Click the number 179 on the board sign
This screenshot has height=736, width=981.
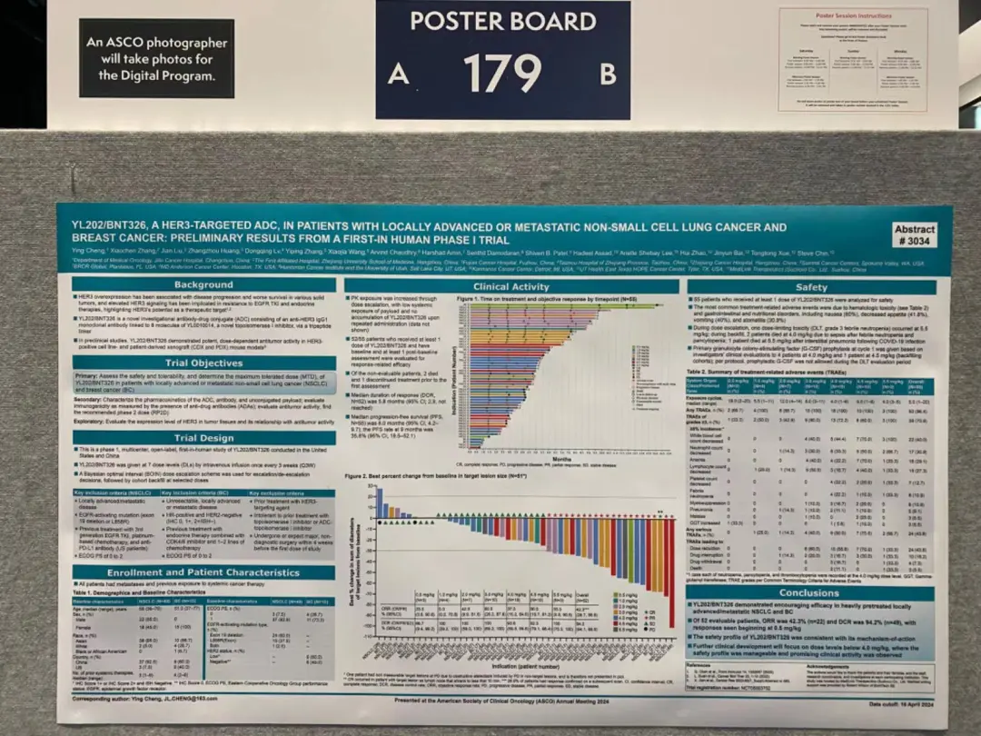tap(501, 73)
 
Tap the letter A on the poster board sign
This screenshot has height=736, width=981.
tap(398, 75)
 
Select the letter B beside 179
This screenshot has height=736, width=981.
tap(608, 73)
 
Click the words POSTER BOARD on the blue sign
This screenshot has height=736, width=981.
tap(502, 21)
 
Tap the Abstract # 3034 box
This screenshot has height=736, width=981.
tap(913, 235)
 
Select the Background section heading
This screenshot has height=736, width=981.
tap(203, 284)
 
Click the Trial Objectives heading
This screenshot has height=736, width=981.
tap(203, 363)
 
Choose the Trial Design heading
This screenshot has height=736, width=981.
tap(203, 437)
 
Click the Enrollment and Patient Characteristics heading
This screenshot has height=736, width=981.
tap(203, 572)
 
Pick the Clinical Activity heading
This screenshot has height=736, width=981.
tap(510, 287)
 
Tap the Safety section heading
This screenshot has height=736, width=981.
tap(810, 287)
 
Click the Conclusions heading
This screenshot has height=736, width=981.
tap(808, 592)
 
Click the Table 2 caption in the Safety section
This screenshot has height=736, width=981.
tap(756, 373)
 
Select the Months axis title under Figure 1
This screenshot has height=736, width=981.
tap(564, 460)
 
